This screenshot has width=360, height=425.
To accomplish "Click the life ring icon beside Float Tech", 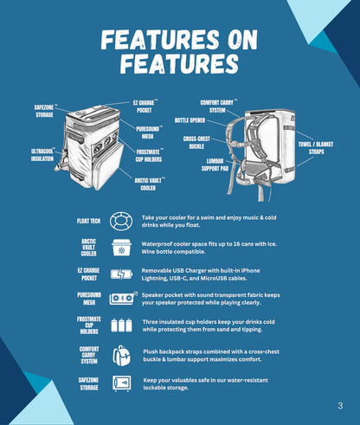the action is pyautogui.click(x=121, y=222).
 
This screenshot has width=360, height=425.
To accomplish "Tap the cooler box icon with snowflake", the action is pyautogui.click(x=121, y=248).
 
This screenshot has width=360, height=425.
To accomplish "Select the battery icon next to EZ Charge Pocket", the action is pyautogui.click(x=121, y=274).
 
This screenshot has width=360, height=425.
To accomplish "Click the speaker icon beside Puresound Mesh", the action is pyautogui.click(x=123, y=299).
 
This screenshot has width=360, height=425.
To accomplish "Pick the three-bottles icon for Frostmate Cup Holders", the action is pyautogui.click(x=121, y=325).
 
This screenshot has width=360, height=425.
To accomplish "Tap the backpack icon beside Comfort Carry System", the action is pyautogui.click(x=121, y=356).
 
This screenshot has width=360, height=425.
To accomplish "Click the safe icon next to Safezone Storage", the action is pyautogui.click(x=121, y=383).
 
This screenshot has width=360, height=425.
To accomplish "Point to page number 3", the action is pyautogui.click(x=340, y=406).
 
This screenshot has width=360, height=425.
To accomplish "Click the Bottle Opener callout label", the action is pyautogui.click(x=190, y=120).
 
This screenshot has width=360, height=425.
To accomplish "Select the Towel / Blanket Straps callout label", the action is pyautogui.click(x=316, y=148).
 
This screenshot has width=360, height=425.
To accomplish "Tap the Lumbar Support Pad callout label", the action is pyautogui.click(x=215, y=164).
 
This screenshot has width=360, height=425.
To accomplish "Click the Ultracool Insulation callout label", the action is pyautogui.click(x=42, y=155).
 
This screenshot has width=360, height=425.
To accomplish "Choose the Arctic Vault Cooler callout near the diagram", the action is pyautogui.click(x=149, y=184).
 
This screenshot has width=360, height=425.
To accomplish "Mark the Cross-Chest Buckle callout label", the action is pyautogui.click(x=196, y=143).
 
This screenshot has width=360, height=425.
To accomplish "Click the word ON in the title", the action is pyautogui.click(x=242, y=40).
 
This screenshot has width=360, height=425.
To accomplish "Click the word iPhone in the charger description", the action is pyautogui.click(x=250, y=271).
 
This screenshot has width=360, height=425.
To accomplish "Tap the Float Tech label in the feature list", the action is pyautogui.click(x=88, y=221).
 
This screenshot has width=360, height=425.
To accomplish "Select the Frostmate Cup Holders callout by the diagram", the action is pyautogui.click(x=150, y=156).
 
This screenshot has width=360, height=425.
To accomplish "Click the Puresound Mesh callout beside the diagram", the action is pyautogui.click(x=149, y=132).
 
